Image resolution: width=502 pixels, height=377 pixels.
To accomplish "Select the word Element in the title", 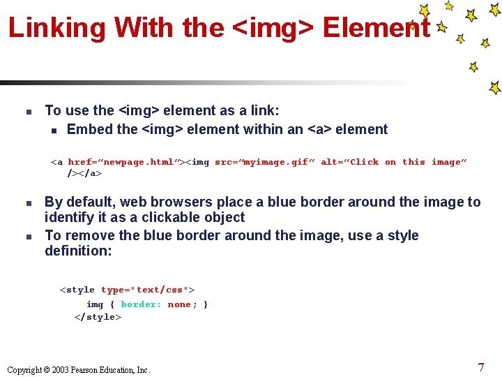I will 376,28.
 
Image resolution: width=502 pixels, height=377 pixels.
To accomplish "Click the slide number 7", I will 481,367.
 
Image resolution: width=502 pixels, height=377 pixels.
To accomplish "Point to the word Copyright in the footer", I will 25,370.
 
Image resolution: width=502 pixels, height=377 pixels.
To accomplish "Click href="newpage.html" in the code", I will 123,162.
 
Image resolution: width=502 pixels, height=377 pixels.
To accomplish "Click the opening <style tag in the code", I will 77,290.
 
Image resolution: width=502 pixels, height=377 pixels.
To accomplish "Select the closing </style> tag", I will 98,317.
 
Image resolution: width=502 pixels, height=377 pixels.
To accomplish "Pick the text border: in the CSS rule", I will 141,304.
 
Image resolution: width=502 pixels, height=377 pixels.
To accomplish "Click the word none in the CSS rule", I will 179,304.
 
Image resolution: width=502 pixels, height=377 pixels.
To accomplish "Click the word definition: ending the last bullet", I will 78,251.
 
